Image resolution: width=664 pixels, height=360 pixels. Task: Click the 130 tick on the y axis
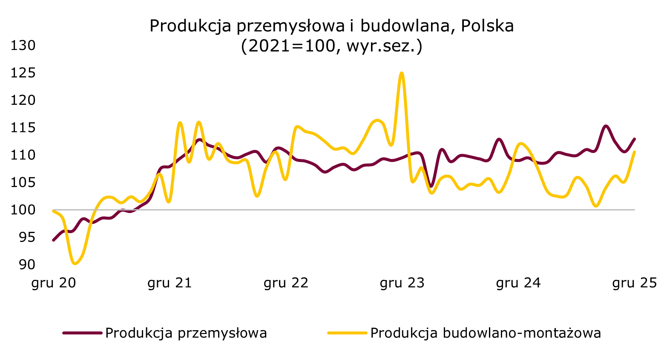pos(23,45)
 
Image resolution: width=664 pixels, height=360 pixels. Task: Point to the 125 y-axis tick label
pos(23,73)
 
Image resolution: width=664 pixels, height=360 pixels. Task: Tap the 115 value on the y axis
pos(23,128)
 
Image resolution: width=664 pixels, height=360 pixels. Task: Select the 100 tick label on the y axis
pos(23,210)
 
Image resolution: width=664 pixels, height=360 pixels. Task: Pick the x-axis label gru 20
pos(54,283)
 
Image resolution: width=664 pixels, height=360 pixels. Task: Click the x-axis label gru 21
pos(170,283)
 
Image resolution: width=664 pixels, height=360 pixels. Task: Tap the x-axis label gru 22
pos(286,283)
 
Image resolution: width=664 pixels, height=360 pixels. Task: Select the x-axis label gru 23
pos(402,283)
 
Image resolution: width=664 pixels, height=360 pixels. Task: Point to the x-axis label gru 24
pos(518,283)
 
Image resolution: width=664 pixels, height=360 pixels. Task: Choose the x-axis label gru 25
pos(635,283)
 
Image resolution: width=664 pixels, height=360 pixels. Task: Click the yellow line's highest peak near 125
pos(402,73)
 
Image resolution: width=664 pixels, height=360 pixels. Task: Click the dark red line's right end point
pos(635,139)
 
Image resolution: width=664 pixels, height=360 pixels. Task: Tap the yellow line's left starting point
pos(53,211)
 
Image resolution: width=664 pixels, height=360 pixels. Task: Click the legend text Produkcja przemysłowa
pos(186,333)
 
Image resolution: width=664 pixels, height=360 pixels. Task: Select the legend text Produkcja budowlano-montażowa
pos(486,333)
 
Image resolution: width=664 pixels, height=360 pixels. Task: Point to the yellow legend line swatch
pos(347,333)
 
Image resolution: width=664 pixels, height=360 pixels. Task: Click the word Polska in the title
pos(487,26)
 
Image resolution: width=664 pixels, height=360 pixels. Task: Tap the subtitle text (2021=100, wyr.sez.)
pos(331,46)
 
